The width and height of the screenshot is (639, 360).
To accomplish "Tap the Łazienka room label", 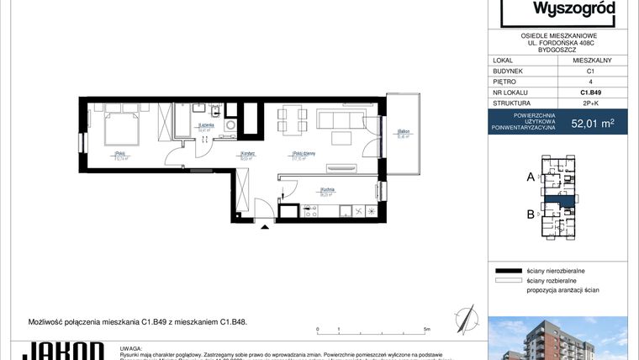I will click(x=205, y=125).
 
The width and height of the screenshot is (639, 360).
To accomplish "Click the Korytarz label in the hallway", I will click(x=247, y=153).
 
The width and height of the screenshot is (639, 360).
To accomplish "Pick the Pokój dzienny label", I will click(x=304, y=153).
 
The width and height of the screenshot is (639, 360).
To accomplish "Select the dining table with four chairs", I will click(x=292, y=119).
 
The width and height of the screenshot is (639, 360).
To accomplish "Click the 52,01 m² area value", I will click(x=592, y=123).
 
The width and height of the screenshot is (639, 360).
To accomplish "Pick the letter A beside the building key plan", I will click(x=530, y=177).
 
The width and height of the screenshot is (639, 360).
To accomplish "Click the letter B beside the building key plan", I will click(x=530, y=214).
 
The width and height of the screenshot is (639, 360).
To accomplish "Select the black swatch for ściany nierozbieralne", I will click(x=520, y=271).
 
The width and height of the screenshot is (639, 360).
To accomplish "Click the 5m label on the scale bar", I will click(x=428, y=331).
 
